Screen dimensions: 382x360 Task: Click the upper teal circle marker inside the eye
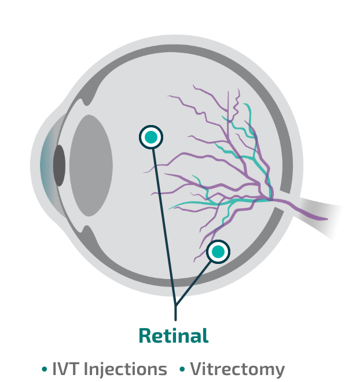click(x=151, y=137)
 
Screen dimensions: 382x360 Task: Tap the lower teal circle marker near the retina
click(x=218, y=251)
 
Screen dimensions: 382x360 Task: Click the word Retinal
click(x=174, y=335)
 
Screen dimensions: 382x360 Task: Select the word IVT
click(x=65, y=369)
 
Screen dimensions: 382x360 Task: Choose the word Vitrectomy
click(x=237, y=369)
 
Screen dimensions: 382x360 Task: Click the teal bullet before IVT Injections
click(x=45, y=369)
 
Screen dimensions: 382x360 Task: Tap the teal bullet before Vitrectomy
click(x=182, y=369)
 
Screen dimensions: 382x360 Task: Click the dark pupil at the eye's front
click(x=59, y=166)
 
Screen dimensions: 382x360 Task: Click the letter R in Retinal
click(x=145, y=335)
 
